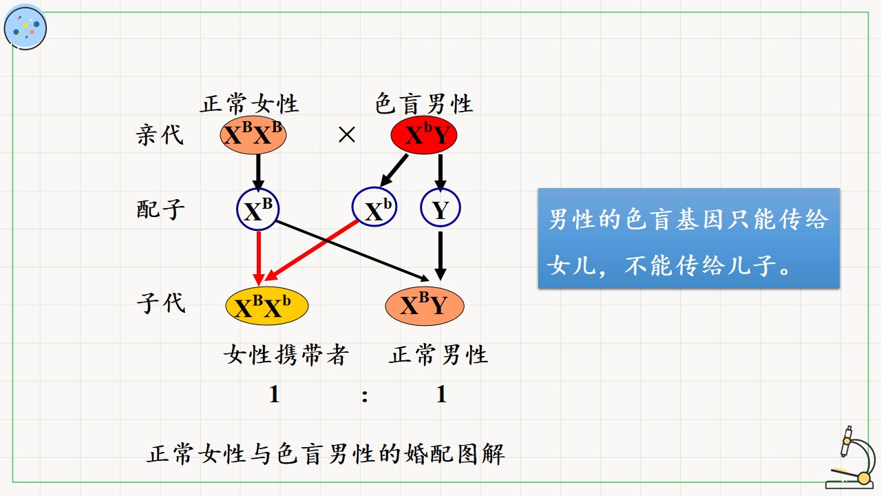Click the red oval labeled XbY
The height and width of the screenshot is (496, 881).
pyautogui.click(x=423, y=135)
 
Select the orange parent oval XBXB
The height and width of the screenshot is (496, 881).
pyautogui.click(x=253, y=135)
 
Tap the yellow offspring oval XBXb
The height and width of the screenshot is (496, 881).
pyautogui.click(x=266, y=306)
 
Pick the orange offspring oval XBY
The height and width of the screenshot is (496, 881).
pyautogui.click(x=425, y=306)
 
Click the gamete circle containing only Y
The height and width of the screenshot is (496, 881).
pyautogui.click(x=440, y=208)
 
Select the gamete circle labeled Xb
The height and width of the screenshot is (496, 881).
pyautogui.click(x=374, y=207)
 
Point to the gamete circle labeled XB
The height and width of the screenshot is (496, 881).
pyautogui.click(x=257, y=209)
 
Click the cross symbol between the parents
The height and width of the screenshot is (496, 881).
pyautogui.click(x=346, y=134)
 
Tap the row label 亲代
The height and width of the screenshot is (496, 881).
pyautogui.click(x=160, y=135)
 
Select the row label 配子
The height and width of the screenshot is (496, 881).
pyautogui.click(x=160, y=209)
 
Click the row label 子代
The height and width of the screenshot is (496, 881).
pyautogui.click(x=161, y=302)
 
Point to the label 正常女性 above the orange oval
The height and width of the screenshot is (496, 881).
pyautogui.click(x=249, y=103)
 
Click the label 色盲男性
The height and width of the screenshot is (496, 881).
pyautogui.click(x=423, y=103)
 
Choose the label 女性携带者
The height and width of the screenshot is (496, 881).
pyautogui.click(x=286, y=355)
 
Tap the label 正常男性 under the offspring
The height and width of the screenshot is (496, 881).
pyautogui.click(x=438, y=355)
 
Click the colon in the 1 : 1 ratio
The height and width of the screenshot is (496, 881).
pyautogui.click(x=365, y=395)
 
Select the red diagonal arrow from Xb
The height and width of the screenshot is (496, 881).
pyautogui.click(x=311, y=250)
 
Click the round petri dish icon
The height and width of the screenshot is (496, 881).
pyautogui.click(x=25, y=28)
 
